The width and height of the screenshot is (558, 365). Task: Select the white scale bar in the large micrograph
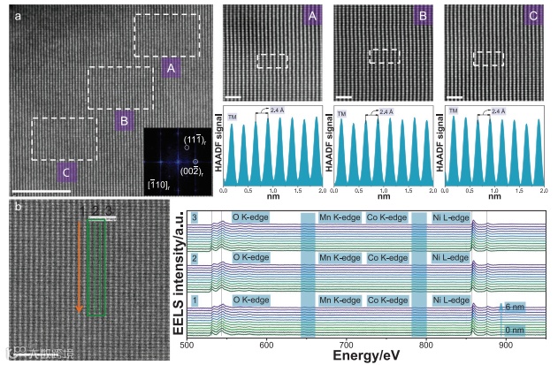coord(40,190)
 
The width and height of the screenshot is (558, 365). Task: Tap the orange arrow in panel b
coord(80,265)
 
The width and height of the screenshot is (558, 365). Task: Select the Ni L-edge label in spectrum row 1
coord(450,300)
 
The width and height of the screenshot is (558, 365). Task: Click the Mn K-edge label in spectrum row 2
coord(340,257)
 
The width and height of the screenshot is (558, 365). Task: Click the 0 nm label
coord(516,330)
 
